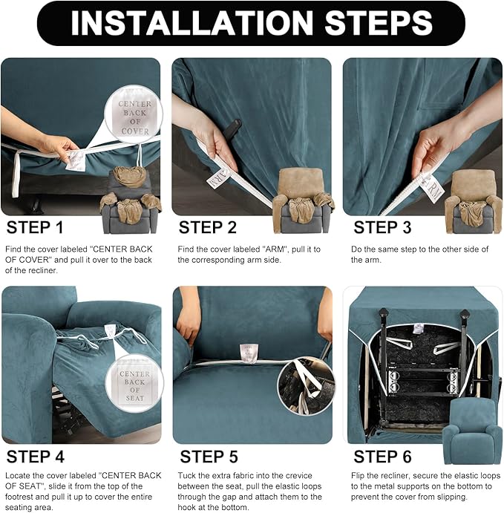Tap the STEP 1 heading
click(35, 227)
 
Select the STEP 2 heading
click(207, 227)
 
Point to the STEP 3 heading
click(382, 227)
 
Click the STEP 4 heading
click(36, 457)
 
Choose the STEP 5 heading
click(209, 457)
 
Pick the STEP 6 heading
click(382, 457)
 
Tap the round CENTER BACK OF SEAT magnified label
click(134, 383)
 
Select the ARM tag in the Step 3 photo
click(432, 188)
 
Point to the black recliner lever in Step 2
click(234, 125)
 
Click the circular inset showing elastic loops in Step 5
click(306, 386)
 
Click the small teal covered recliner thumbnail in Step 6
click(472, 431)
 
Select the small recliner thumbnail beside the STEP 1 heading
click(130, 200)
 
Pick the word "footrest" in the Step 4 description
click(20, 497)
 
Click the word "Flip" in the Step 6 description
click(359, 476)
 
